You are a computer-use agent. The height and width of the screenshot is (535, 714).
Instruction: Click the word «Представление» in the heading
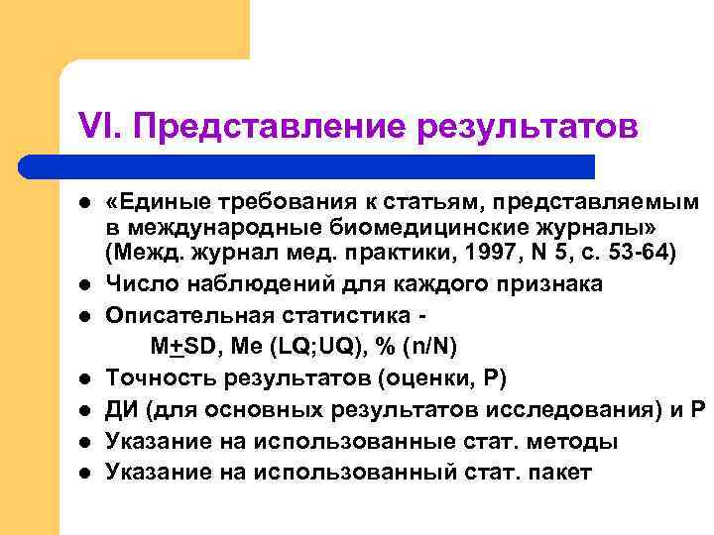(x=263, y=128)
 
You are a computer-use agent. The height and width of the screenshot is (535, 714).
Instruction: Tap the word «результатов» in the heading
(x=527, y=128)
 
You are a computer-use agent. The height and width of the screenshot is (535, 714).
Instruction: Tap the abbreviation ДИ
(x=122, y=409)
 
